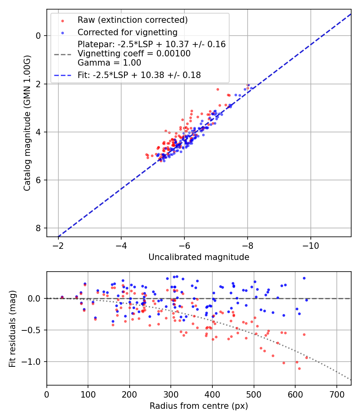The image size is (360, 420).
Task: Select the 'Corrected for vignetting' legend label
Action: click(x=128, y=32)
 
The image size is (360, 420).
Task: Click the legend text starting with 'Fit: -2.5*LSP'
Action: click(x=139, y=75)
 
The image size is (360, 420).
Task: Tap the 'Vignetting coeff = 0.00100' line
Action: click(x=134, y=53)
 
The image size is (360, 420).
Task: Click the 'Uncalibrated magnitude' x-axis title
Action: click(x=199, y=257)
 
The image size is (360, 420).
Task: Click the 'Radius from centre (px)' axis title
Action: click(x=199, y=406)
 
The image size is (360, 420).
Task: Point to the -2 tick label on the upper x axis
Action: click(x=59, y=246)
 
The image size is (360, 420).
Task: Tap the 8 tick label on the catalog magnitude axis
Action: click(x=38, y=228)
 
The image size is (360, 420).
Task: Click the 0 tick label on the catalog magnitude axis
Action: click(x=38, y=36)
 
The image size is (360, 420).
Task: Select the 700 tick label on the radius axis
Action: click(x=336, y=394)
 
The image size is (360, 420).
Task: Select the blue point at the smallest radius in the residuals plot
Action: click(x=62, y=297)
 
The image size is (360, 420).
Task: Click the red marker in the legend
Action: click(x=62, y=20)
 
